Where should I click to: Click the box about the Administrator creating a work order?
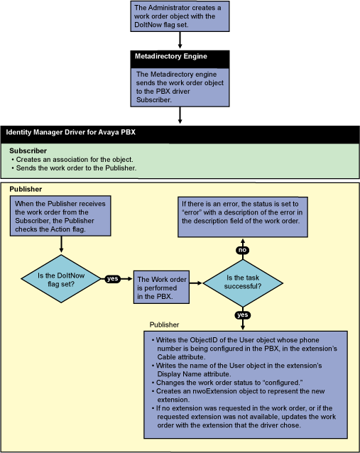(180, 16)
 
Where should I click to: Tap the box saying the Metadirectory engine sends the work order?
(180, 86)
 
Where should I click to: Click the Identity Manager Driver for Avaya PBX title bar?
(180, 133)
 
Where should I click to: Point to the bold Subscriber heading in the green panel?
(28, 151)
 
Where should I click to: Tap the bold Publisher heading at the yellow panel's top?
(26, 190)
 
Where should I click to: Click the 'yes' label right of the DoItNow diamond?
(112, 279)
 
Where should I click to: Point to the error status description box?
(242, 212)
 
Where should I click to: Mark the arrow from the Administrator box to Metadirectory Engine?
(180, 40)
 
